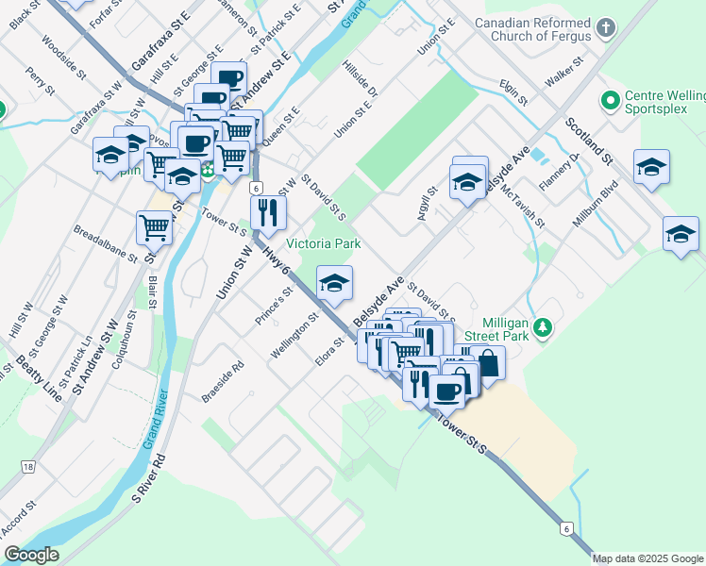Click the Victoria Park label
tap(325, 243)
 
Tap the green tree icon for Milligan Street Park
tap(543, 326)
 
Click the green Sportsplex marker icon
tap(610, 99)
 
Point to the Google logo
tap(32, 555)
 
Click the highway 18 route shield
tap(28, 467)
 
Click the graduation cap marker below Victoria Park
tap(333, 283)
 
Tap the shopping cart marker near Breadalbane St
tap(153, 226)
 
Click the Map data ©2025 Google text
tap(648, 558)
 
